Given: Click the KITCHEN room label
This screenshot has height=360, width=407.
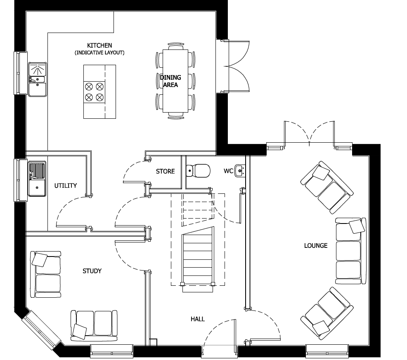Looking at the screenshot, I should (x=99, y=45).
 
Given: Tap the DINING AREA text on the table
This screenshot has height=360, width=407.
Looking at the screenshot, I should (x=170, y=81).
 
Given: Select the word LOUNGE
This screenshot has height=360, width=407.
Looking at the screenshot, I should (x=316, y=246).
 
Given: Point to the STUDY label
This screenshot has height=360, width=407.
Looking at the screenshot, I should (x=92, y=271).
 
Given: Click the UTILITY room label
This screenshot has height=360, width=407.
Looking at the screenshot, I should (x=66, y=186).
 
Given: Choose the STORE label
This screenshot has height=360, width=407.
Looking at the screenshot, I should (x=165, y=171).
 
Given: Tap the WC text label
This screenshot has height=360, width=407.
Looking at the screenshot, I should (x=228, y=171).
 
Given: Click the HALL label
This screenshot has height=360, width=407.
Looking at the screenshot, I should (x=198, y=319).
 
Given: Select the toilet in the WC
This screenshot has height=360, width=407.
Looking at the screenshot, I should (x=198, y=170).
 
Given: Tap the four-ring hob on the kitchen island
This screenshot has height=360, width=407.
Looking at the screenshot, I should (x=94, y=92).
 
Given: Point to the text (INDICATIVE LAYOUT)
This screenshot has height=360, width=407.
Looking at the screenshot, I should (x=99, y=53).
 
